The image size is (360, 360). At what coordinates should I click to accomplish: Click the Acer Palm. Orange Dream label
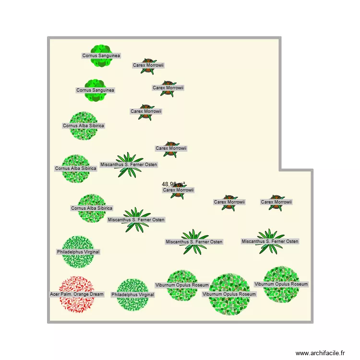[77, 294]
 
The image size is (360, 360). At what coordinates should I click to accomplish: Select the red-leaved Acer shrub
[77, 294]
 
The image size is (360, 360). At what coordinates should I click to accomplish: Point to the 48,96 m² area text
[174, 184]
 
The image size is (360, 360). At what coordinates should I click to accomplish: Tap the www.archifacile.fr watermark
[320, 353]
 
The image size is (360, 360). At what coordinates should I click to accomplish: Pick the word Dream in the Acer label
[96, 294]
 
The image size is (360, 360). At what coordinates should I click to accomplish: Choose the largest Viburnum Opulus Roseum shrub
[229, 294]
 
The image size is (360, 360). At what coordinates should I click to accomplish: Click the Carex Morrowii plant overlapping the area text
[178, 191]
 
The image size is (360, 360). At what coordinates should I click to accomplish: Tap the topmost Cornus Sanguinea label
[101, 56]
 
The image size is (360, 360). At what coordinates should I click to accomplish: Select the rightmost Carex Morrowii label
[276, 202]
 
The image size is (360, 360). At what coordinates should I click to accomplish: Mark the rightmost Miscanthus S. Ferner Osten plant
[270, 241]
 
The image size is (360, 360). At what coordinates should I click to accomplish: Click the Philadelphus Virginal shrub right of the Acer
[132, 295]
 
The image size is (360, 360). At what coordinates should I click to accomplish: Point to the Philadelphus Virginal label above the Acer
[78, 252]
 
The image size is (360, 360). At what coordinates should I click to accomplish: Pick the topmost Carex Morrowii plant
[148, 66]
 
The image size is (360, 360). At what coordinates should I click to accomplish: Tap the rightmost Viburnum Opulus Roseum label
[281, 284]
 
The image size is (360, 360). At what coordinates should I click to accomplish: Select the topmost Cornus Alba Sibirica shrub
[84, 126]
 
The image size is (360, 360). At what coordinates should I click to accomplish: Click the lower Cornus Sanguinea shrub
[96, 90]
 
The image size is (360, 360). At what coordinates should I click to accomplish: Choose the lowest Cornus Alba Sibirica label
[92, 208]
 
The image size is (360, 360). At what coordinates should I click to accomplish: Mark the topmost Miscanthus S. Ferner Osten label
[129, 165]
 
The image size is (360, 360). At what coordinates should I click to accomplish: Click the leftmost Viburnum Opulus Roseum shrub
[182, 286]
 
